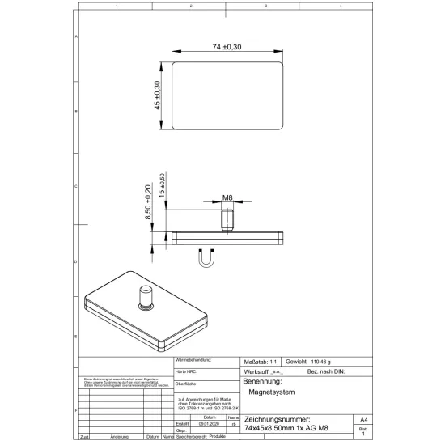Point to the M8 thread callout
[228, 198]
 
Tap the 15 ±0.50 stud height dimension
[162, 186]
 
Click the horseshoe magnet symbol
[206, 259]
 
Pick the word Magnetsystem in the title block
[271, 392]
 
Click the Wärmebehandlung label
[193, 359]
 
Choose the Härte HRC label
[187, 370]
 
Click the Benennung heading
[262, 380]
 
